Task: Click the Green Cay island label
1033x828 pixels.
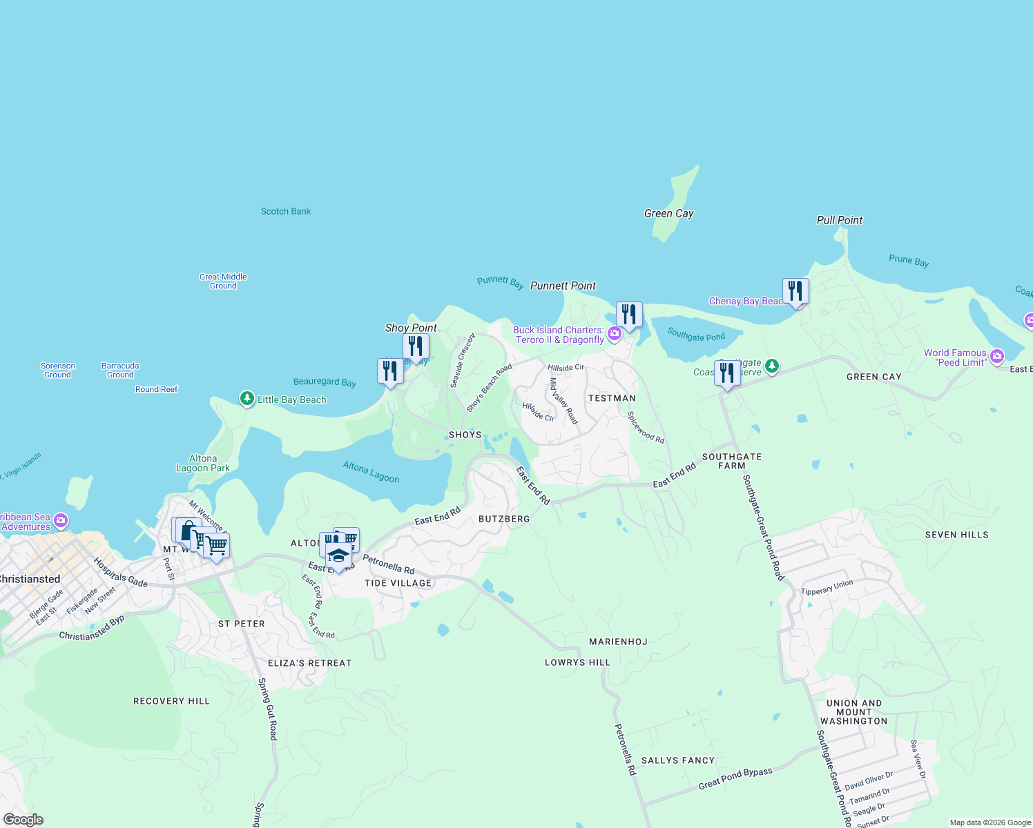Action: click(x=668, y=214)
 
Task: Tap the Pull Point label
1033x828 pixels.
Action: click(x=839, y=220)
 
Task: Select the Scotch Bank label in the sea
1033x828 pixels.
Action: click(x=285, y=211)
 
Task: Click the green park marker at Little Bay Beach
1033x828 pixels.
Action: click(x=247, y=399)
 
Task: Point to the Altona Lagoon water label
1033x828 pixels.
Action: click(x=371, y=472)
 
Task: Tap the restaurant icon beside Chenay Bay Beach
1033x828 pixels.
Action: click(x=795, y=291)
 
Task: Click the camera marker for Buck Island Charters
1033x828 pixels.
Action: click(x=614, y=335)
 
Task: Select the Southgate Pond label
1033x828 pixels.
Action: click(x=696, y=335)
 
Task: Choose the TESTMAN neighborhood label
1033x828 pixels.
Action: click(x=611, y=398)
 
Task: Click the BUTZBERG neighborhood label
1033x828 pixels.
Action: click(x=504, y=519)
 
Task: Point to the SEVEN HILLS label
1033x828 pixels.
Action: click(x=956, y=535)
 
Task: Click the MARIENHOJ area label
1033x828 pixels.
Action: click(x=618, y=642)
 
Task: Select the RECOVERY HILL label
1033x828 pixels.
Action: click(x=171, y=701)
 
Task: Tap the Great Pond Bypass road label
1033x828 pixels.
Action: click(x=735, y=778)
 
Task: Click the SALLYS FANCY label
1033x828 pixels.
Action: click(x=677, y=760)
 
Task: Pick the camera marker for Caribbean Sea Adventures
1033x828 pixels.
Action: click(x=61, y=520)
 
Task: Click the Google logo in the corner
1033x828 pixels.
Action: click(x=23, y=820)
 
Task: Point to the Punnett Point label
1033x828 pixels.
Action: click(x=563, y=286)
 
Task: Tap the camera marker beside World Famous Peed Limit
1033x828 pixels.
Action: click(x=996, y=357)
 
